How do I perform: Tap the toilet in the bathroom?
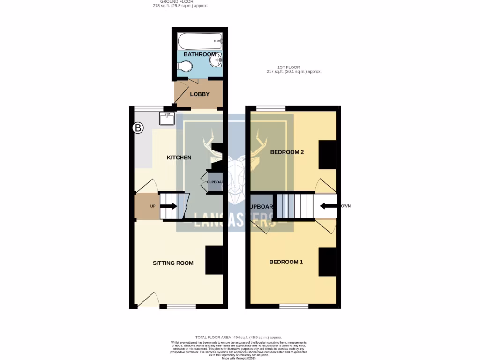[184, 68]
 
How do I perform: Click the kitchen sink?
[167, 118]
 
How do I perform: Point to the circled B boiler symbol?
[138, 128]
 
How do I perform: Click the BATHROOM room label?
[199, 54]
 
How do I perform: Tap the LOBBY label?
[200, 94]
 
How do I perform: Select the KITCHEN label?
[179, 157]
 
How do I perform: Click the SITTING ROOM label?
[173, 263]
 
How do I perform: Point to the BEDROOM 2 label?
[287, 152]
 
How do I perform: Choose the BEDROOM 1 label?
[286, 262]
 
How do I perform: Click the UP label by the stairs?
[152, 206]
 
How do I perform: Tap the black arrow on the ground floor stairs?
[169, 206]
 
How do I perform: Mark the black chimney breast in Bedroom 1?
[327, 262]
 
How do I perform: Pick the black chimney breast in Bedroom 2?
[327, 154]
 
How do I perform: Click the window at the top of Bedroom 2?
[271, 109]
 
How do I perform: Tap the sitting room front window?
[181, 307]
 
